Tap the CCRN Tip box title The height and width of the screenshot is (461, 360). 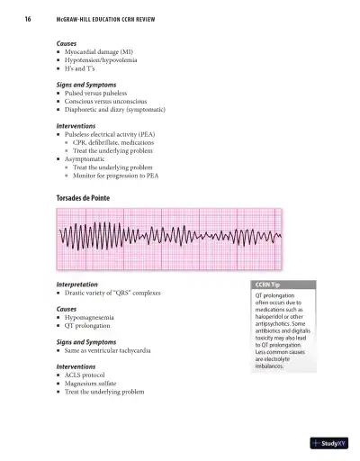[268, 284]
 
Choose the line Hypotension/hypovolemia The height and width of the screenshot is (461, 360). [103, 60]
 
